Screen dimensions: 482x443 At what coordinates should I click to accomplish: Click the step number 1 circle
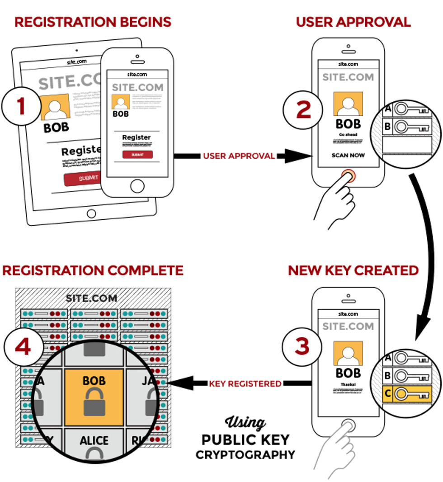point(21,105)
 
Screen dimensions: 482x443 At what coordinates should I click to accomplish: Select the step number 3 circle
point(302,346)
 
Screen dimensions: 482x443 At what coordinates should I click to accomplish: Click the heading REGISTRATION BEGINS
point(93,22)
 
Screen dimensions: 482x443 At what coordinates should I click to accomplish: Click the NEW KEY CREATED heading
point(353,270)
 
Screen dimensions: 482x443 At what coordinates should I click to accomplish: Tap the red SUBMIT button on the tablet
point(81,178)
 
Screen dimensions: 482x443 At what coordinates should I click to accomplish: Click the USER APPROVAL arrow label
point(239,156)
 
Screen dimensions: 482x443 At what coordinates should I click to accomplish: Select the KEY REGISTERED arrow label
point(245,383)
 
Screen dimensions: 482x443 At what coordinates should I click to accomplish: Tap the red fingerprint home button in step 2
point(348,175)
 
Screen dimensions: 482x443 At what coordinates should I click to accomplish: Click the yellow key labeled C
point(411,394)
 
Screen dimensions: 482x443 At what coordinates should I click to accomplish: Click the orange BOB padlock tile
point(94,397)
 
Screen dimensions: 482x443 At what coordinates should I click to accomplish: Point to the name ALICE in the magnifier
point(94,440)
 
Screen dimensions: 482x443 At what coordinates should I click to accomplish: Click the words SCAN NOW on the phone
point(348,155)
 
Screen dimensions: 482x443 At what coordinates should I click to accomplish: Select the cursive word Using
point(245,423)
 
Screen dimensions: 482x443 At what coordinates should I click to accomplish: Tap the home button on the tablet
point(91,213)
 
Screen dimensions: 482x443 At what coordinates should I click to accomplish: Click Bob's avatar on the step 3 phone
point(348,353)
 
